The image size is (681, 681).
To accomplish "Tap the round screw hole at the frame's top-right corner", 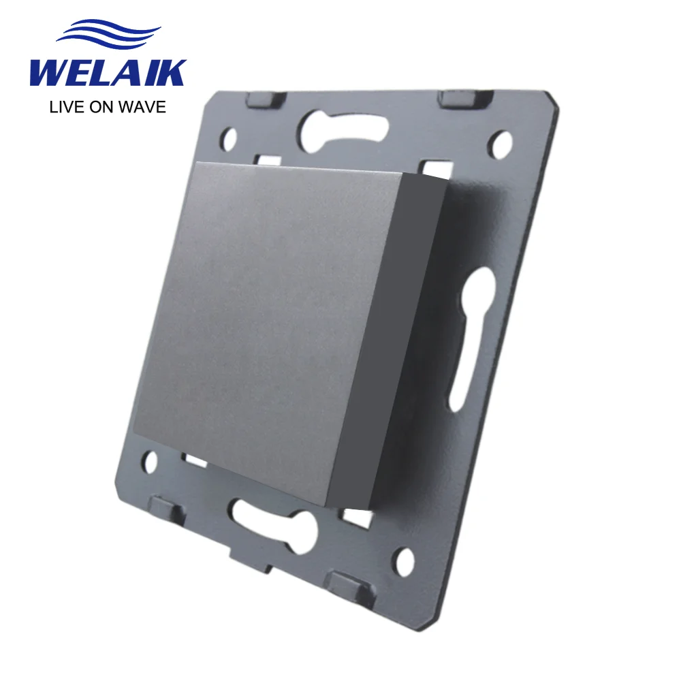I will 502,142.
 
